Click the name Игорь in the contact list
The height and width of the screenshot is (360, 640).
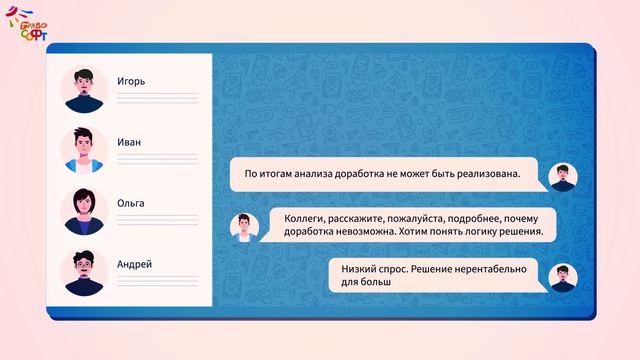[132, 81]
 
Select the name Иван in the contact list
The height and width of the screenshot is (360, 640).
[129, 142]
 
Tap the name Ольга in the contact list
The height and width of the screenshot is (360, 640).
[131, 203]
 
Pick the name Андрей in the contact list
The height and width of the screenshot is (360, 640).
[134, 264]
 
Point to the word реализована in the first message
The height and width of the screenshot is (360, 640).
[488, 174]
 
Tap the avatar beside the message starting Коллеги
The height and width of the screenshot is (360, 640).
[243, 226]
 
